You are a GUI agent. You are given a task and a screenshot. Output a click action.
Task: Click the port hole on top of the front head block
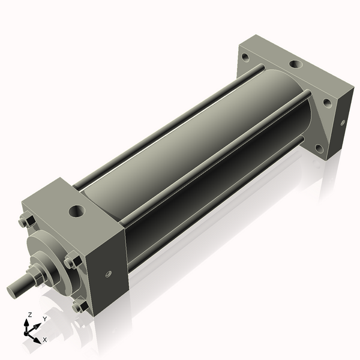pyautogui.click(x=77, y=211)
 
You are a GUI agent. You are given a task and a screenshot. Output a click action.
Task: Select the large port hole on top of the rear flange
pyautogui.click(x=295, y=64)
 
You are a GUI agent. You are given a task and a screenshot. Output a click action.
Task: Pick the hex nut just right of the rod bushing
pyautogui.click(x=72, y=262)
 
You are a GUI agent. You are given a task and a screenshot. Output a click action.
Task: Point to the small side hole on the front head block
pyautogui.click(x=109, y=274)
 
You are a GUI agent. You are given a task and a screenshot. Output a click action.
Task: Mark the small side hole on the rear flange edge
pyautogui.click(x=343, y=122)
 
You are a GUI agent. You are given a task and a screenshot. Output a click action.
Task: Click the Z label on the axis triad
pyautogui.click(x=29, y=315)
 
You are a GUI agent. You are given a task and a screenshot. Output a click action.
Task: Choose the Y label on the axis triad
pyautogui.click(x=44, y=319)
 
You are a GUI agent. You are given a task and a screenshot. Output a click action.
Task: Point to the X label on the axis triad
pyautogui.click(x=44, y=340)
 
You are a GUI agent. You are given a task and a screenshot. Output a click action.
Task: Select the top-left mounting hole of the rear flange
pyautogui.click(x=245, y=59)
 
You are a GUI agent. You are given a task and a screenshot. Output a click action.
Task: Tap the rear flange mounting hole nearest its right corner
pyautogui.click(x=326, y=103)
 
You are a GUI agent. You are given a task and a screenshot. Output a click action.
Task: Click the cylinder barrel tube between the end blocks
pyautogui.click(x=198, y=144)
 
